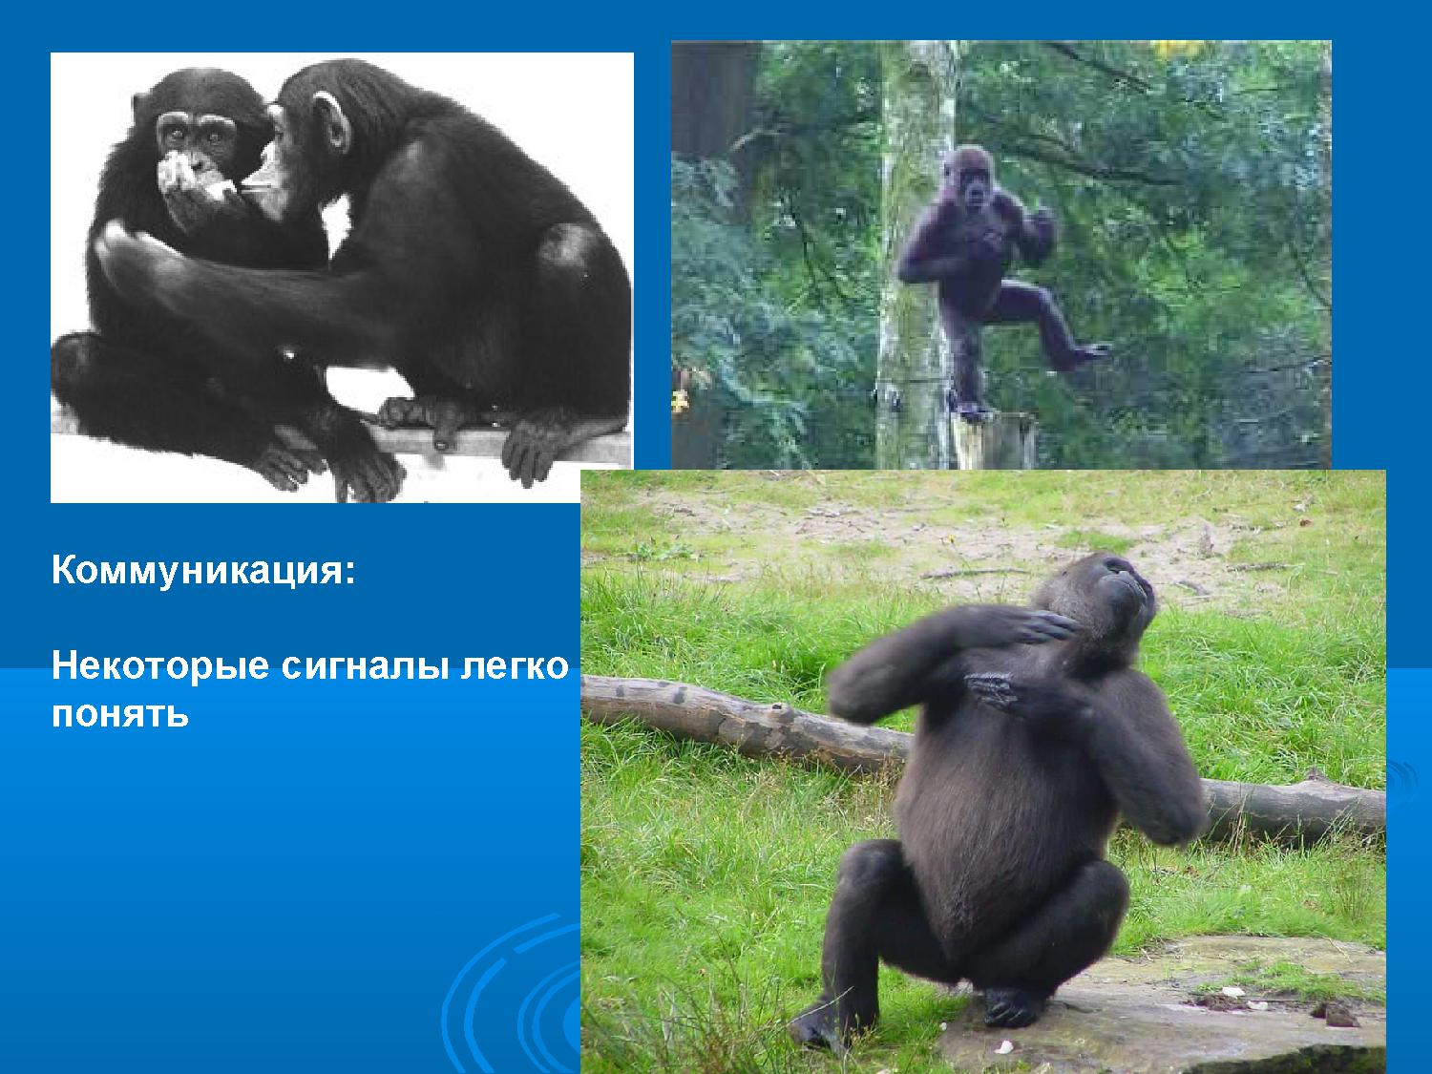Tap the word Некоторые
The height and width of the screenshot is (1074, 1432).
(160, 666)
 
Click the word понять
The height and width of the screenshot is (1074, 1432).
(120, 715)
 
